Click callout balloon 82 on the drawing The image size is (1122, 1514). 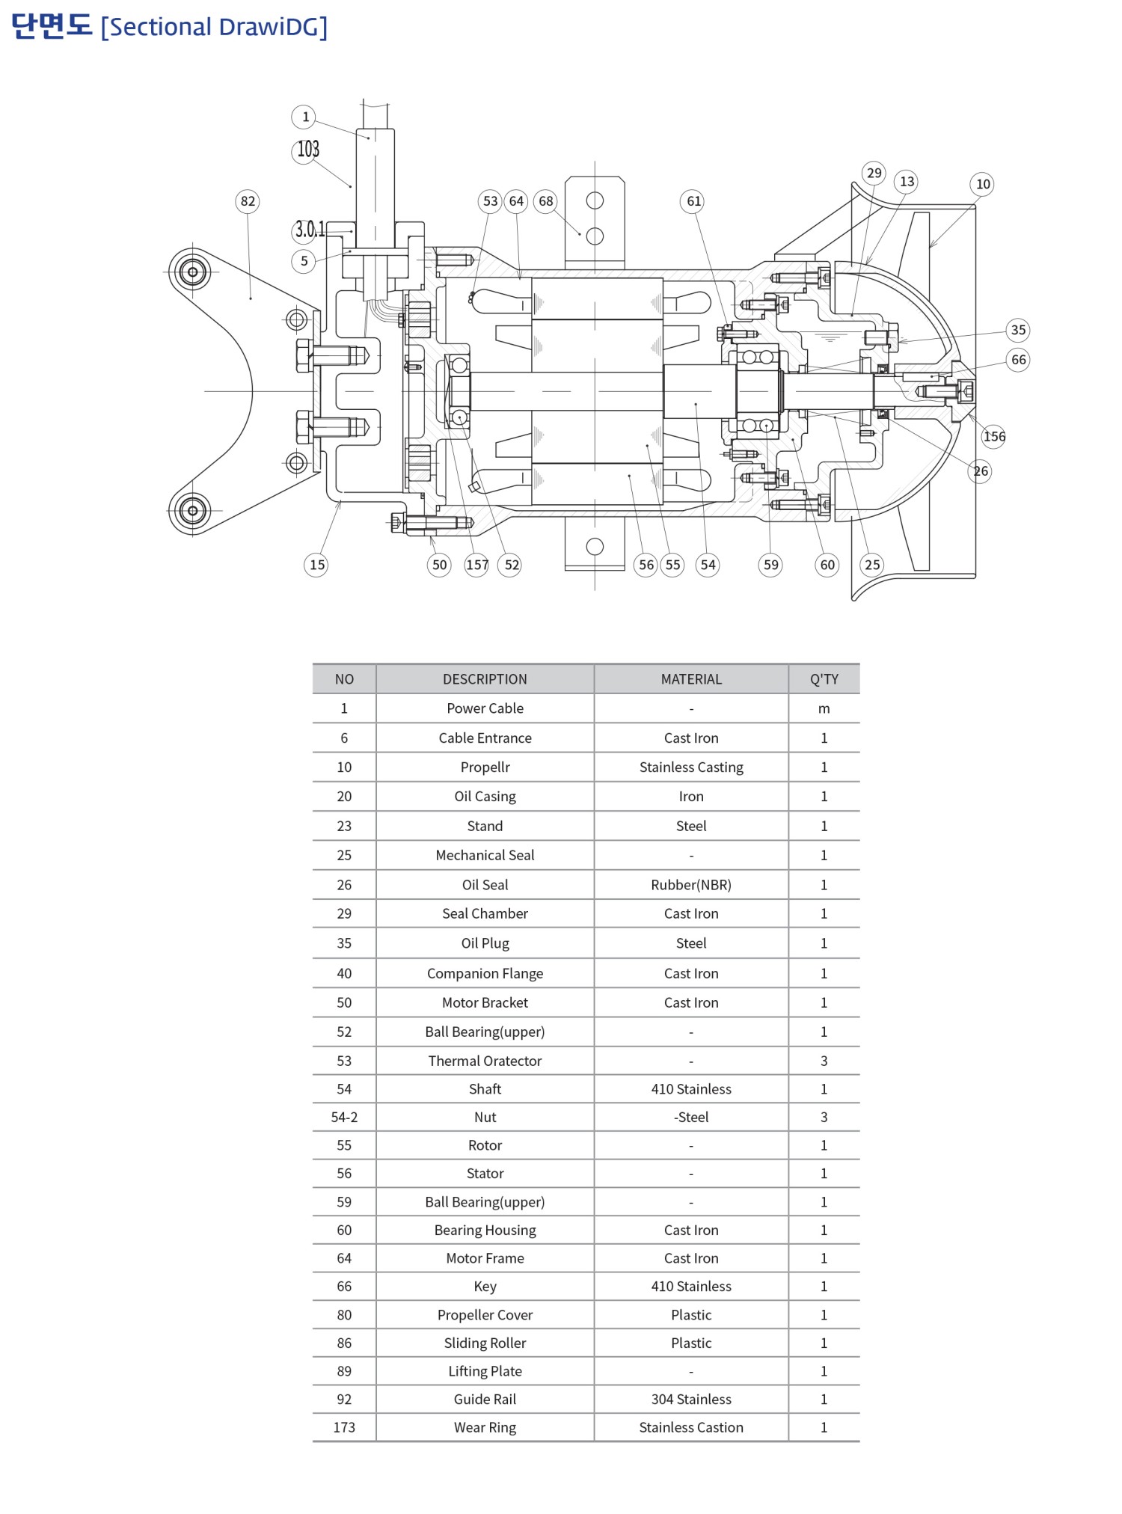248,201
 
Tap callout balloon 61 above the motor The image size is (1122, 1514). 693,201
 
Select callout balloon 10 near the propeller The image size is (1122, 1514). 982,184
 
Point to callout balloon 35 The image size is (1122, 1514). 1018,330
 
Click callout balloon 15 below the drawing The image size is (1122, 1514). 317,565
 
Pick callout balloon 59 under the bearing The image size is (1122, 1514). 770,565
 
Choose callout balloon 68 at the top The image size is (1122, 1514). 546,201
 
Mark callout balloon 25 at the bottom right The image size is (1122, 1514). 872,565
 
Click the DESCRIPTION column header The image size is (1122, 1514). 485,679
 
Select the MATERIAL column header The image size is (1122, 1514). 691,679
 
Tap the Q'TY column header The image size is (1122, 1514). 824,679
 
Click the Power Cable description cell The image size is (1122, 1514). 485,708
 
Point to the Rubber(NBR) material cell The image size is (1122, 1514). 691,885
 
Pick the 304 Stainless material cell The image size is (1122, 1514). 691,1400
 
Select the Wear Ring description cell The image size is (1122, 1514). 485,1428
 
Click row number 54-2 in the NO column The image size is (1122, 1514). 344,1118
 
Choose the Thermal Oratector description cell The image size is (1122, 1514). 485,1061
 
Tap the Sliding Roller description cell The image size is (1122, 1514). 485,1343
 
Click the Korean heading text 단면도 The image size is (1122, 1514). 52,26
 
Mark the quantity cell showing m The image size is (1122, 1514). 824,708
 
